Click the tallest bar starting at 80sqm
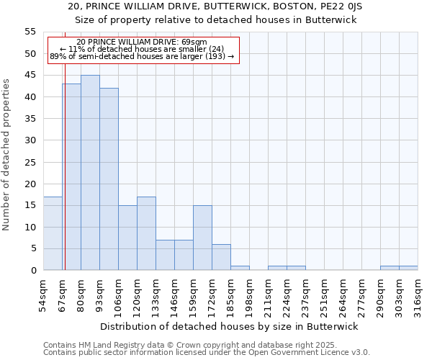coord(90,173)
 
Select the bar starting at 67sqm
coord(71,177)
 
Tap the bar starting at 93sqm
coord(109,179)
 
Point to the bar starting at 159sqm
coord(202,238)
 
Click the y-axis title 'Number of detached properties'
coord(7,155)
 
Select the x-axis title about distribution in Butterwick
coord(228,326)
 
